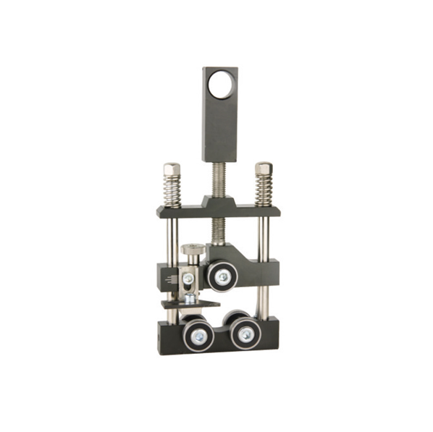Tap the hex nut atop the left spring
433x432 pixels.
click(x=171, y=169)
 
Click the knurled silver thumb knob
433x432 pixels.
click(x=193, y=250)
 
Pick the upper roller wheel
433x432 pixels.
click(x=222, y=276)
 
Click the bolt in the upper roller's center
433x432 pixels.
click(x=222, y=276)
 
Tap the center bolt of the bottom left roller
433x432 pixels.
click(x=196, y=334)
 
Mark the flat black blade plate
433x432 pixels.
click(x=190, y=304)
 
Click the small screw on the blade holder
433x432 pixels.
click(x=187, y=278)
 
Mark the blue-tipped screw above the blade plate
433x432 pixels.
click(x=190, y=297)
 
